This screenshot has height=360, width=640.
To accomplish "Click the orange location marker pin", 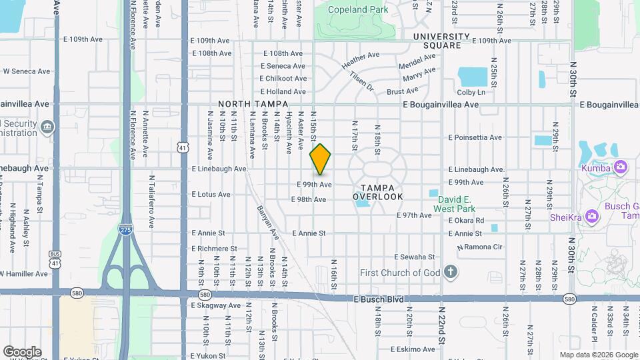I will pos(321,160).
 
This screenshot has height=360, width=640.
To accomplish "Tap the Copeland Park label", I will pos(360,10).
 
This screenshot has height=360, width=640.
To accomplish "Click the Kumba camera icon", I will pos(621,167).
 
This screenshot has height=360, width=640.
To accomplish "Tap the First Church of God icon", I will pos(451,272).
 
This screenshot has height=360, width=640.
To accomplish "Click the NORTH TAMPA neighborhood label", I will pos(253,104).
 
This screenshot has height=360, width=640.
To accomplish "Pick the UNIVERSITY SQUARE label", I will pos(437,41).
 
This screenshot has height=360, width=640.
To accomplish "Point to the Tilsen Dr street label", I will pos(362,83).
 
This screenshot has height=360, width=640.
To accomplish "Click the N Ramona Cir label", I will pos(479,247).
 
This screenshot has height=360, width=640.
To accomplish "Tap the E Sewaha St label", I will pos(414,257).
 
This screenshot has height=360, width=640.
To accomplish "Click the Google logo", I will pos(22,352).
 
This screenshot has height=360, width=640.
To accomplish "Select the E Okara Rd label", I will pos(466,221).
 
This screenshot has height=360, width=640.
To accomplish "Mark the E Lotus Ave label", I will pos(211,195).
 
